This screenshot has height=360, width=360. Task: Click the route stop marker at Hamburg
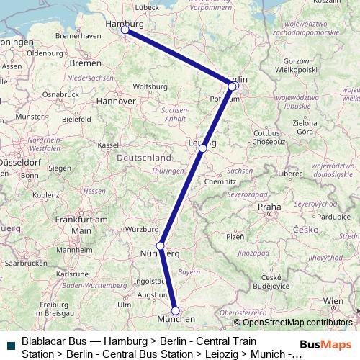pyautogui.click(x=125, y=30)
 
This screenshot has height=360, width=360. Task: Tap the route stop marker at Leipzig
pyautogui.click(x=203, y=148)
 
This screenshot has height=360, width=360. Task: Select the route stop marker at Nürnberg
pyautogui.click(x=161, y=246)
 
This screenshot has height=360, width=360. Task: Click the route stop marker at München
pyautogui.click(x=175, y=311)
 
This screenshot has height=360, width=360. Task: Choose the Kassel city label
pyautogui.click(x=107, y=145)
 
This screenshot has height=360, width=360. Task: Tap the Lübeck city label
pyautogui.click(x=146, y=7)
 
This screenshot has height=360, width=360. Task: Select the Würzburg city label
pyautogui.click(x=141, y=230)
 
